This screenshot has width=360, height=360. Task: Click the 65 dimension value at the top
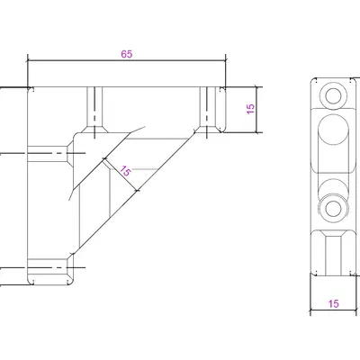[126, 54]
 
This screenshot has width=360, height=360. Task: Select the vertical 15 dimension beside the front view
[252, 106]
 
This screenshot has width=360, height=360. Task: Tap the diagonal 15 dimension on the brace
[125, 170]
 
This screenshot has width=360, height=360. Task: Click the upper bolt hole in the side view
[333, 96]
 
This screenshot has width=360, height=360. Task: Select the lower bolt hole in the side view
[333, 207]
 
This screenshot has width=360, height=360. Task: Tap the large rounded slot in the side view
[334, 131]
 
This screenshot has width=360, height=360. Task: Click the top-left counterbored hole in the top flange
[93, 108]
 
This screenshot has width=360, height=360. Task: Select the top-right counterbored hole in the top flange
[207, 108]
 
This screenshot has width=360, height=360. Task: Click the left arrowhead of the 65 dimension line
[29, 60]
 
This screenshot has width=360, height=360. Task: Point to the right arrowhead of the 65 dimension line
[223, 60]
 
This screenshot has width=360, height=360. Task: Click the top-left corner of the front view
[29, 88]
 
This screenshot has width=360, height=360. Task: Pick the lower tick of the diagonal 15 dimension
[137, 191]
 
